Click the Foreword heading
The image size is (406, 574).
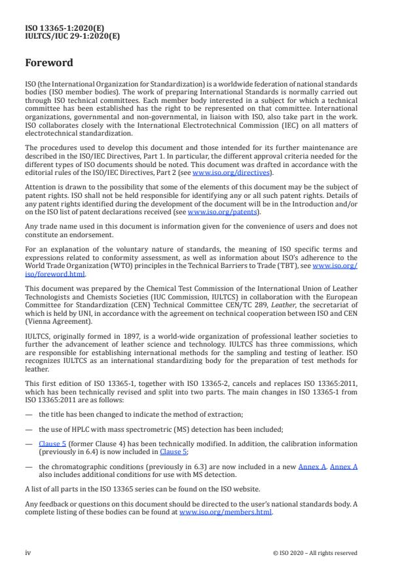click(x=49, y=64)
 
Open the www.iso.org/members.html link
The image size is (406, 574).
click(x=225, y=512)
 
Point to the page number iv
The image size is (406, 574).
click(x=28, y=552)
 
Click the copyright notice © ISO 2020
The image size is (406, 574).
click(x=315, y=552)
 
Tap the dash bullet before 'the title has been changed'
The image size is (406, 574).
click(x=28, y=414)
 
